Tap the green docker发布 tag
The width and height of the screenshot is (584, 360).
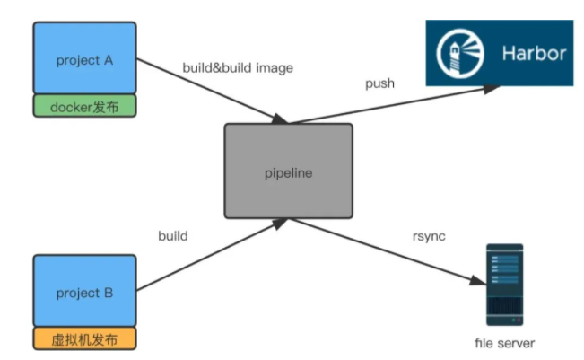[84, 107]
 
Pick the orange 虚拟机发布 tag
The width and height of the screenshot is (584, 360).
[84, 340]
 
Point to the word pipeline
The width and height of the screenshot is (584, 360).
[288, 173]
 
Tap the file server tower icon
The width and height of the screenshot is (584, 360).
[504, 284]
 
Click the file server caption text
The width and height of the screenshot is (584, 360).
[505, 342]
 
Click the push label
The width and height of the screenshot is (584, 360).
[379, 83]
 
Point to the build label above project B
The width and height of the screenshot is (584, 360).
[172, 236]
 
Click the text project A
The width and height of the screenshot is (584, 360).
[84, 60]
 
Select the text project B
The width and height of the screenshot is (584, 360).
[84, 294]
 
